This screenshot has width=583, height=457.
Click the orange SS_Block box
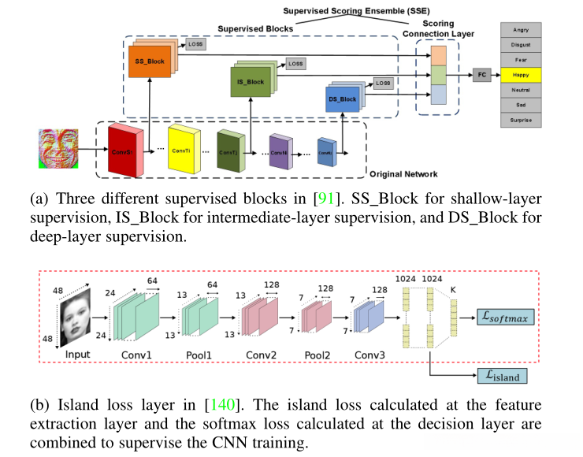tap(150, 61)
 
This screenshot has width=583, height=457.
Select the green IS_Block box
tap(251, 80)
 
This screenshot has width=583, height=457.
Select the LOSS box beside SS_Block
tap(195, 46)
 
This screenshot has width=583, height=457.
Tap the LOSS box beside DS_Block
tap(383, 83)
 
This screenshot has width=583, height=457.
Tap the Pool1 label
tap(200, 355)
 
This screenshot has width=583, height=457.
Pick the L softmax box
tap(507, 317)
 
